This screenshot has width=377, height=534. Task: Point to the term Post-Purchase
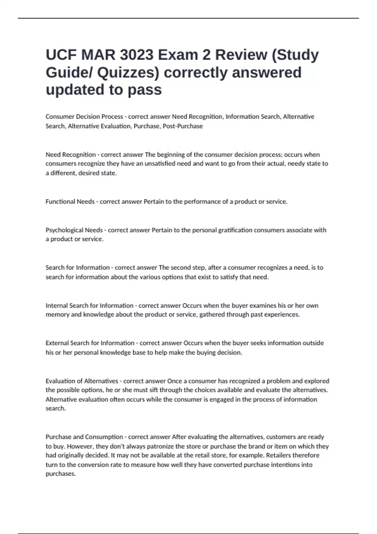click(183, 126)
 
